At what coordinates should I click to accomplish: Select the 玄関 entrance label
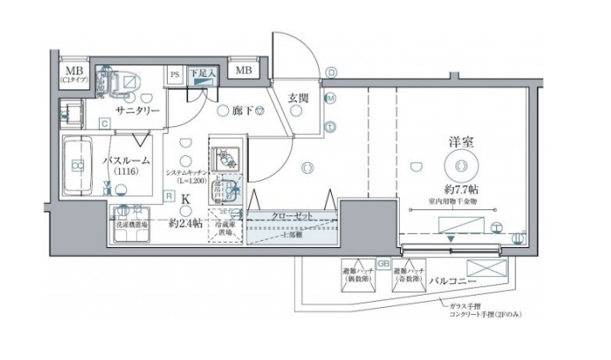pos(298,98)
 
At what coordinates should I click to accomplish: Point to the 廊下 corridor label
pos(244,112)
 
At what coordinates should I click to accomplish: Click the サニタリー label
pos(136,111)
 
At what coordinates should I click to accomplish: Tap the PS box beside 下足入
pos(175,76)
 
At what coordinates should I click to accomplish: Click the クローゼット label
pos(290,215)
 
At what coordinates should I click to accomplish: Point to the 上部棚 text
pos(292,236)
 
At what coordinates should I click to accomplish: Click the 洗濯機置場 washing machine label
pos(132,225)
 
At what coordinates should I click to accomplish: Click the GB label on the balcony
pos(383,263)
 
